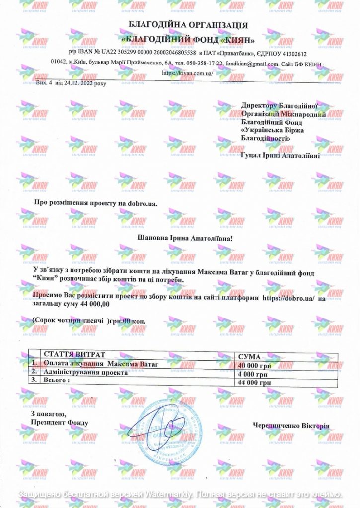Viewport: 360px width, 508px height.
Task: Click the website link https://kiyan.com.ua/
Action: [188, 73]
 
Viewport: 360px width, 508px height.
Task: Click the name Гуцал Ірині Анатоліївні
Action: [280, 155]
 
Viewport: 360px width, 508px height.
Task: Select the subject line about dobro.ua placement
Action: [91, 203]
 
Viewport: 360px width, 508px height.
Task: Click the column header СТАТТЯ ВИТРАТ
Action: [74, 355]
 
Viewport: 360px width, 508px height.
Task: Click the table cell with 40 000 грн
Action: [254, 366]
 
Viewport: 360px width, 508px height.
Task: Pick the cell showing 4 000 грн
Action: [254, 374]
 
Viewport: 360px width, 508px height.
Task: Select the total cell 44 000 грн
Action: [254, 382]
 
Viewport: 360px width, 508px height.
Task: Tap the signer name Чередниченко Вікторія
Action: [290, 426]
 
